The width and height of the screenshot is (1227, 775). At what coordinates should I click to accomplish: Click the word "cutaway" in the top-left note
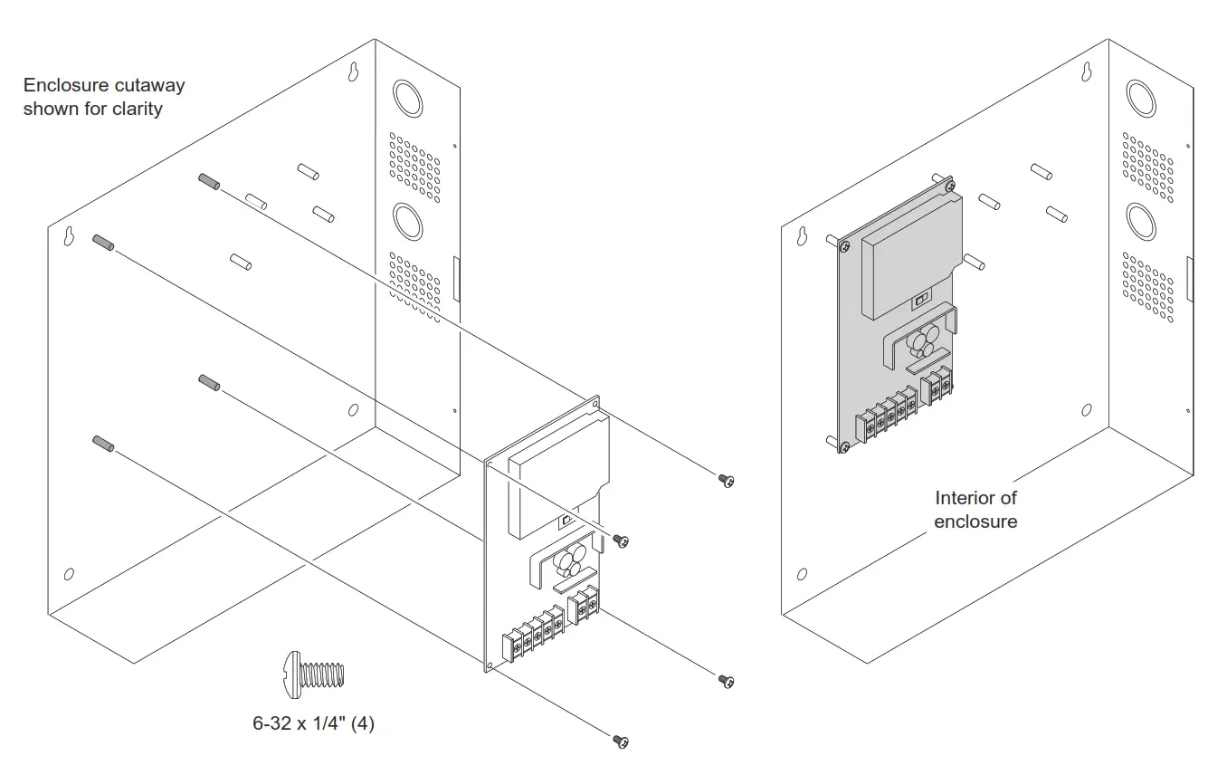tap(149, 85)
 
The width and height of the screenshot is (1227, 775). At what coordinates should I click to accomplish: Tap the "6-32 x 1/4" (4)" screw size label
tap(313, 724)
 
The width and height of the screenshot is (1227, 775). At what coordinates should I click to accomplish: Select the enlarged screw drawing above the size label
tap(316, 675)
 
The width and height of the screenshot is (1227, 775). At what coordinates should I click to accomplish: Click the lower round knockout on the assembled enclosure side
tap(1140, 220)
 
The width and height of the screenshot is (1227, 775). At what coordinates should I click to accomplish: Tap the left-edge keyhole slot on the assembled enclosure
tap(801, 235)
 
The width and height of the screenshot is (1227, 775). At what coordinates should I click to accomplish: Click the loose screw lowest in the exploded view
tap(621, 742)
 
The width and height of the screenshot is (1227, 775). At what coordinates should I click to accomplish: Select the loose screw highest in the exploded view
tap(725, 480)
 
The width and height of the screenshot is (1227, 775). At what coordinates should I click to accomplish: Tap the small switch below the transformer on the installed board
tap(922, 298)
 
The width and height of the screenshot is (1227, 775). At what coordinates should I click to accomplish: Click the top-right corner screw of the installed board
tap(947, 185)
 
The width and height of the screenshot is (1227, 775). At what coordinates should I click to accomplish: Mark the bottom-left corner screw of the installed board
tap(843, 447)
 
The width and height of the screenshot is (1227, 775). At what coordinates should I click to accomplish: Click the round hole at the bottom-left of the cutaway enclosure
tap(68, 575)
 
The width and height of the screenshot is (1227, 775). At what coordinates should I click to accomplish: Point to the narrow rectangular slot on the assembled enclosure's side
tap(1187, 279)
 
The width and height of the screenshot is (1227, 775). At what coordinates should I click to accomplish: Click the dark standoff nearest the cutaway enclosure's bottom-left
tap(102, 444)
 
